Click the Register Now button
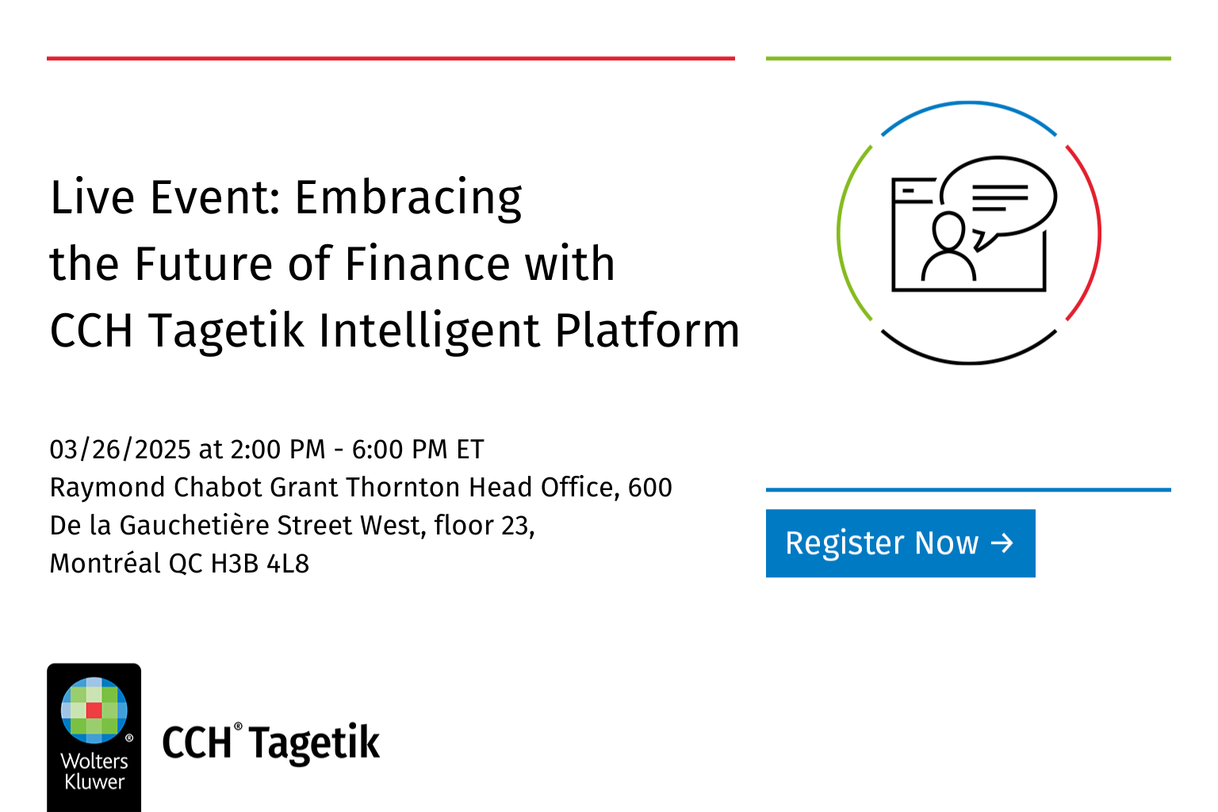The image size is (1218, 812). click(900, 543)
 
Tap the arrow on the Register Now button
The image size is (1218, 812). click(1002, 543)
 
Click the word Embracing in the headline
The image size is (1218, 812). click(408, 198)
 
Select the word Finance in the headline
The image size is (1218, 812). click(412, 264)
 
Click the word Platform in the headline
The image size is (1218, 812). click(647, 331)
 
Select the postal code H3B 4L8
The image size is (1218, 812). click(259, 564)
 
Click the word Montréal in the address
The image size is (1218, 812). click(105, 564)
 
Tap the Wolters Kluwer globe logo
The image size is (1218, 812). click(94, 710)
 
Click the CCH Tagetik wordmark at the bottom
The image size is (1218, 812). click(271, 743)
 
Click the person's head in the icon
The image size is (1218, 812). click(948, 231)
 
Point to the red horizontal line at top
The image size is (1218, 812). click(390, 58)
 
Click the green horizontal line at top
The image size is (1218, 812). click(968, 58)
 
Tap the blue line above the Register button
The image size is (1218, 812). click(968, 490)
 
